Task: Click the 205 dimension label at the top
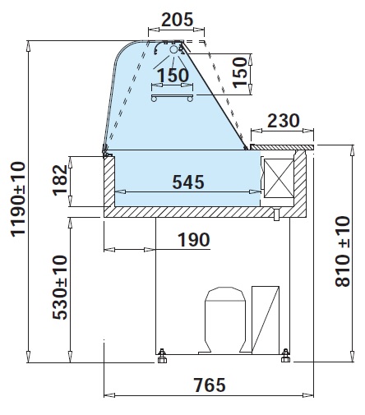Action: coord(178,20)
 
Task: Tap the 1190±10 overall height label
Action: coord(18,199)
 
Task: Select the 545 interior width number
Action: coord(188,182)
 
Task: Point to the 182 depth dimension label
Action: coord(60,180)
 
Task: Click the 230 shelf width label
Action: coord(284,121)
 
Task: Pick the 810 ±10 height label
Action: coord(343,251)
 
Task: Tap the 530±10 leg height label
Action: coord(60,288)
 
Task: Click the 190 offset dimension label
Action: coord(194,240)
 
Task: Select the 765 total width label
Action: coord(210,385)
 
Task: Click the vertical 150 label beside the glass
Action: coord(240,72)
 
